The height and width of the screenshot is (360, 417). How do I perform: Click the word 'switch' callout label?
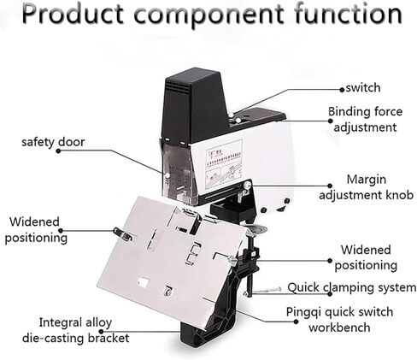363,88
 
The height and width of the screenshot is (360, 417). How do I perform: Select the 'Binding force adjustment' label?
365,119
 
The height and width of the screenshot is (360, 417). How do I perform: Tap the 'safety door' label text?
53,142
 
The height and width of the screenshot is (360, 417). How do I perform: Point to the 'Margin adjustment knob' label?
367,187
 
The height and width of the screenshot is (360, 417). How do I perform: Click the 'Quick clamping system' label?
352,287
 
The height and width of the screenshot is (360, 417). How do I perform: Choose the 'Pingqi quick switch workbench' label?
339,319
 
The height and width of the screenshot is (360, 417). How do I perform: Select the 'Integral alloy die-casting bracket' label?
75,330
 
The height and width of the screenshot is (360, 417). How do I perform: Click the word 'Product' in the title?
73,14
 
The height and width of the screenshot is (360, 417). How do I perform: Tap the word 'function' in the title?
348,14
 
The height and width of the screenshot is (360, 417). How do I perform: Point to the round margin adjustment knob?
247,186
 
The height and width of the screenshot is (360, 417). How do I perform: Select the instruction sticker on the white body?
224,165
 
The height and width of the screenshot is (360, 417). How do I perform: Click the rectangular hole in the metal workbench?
144,281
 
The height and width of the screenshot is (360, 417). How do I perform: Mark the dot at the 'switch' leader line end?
342,90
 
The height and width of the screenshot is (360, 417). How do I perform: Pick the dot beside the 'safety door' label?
58,150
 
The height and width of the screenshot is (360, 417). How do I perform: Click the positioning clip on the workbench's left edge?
123,233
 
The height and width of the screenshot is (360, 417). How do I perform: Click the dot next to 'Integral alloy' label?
101,332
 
